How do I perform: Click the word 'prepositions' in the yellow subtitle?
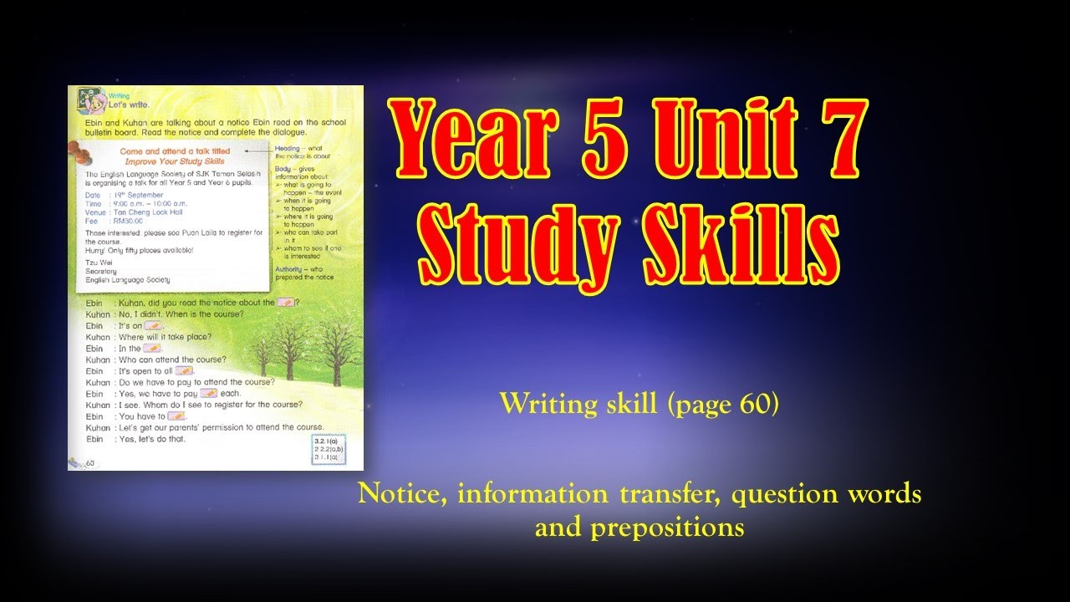[x=639, y=528]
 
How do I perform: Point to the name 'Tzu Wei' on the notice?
[x=99, y=263]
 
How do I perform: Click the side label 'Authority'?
[x=288, y=270]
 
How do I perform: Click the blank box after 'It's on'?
[x=154, y=326]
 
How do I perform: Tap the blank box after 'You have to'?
[x=176, y=416]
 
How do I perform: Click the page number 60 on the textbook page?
[x=89, y=462]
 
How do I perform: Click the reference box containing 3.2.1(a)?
[x=327, y=450]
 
